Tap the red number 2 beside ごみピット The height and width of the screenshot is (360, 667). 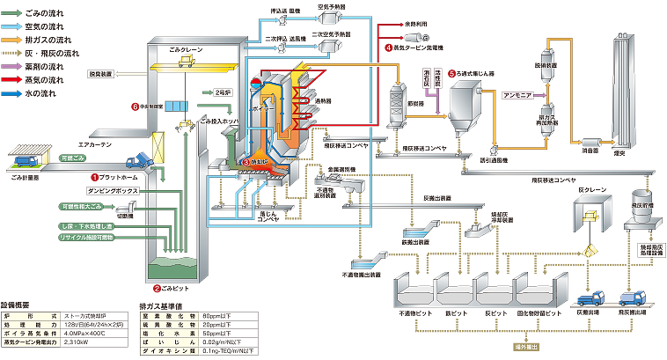coord(157,288)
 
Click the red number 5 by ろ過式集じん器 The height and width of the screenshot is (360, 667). coord(451,74)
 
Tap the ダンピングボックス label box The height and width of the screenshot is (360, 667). coord(110,190)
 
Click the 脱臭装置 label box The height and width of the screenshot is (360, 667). coord(101,75)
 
